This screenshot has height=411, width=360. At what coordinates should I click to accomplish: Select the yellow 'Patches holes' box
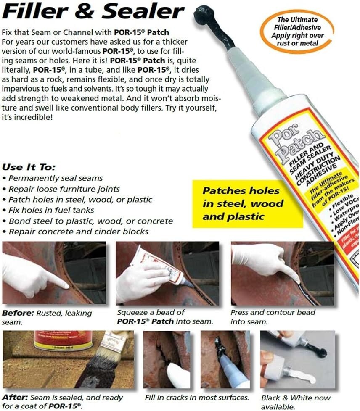click(x=246, y=203)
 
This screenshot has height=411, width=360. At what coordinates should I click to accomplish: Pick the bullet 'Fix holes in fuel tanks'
click(x=50, y=210)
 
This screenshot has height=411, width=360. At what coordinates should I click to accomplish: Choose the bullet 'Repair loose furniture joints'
click(x=63, y=189)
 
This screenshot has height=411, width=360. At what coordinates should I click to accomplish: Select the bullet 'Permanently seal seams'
click(x=55, y=178)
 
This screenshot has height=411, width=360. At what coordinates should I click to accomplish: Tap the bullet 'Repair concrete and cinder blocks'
click(x=77, y=232)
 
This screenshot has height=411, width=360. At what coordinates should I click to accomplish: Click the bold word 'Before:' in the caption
click(x=16, y=313)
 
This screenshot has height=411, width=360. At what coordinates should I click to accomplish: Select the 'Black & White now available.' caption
click(x=295, y=402)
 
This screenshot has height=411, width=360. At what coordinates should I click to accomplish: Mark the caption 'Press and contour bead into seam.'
click(x=273, y=317)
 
